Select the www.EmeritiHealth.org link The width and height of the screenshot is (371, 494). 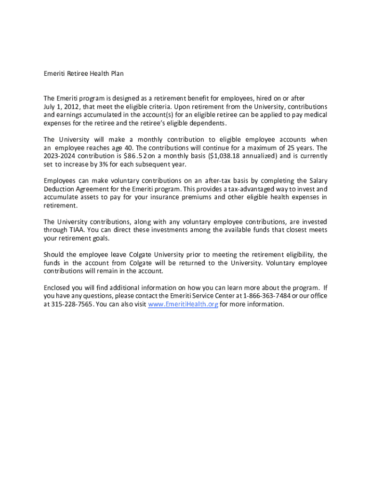tap(183, 304)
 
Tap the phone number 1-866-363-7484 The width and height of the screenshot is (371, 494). tap(266, 296)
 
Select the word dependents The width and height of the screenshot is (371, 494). tap(203, 123)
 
